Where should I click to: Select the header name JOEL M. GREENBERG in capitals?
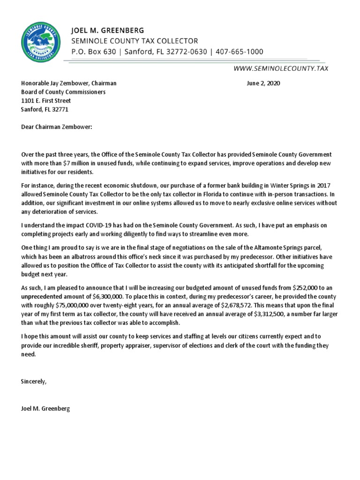(x=107, y=30)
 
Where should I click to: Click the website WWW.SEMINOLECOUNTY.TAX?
(x=281, y=68)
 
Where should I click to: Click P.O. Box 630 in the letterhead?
(x=93, y=52)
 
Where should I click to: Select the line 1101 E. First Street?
(x=46, y=101)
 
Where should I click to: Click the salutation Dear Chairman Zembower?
(x=56, y=127)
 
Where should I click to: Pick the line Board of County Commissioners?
(x=63, y=92)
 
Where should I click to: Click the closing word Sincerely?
(x=34, y=381)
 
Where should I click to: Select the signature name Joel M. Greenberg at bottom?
(x=45, y=408)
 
